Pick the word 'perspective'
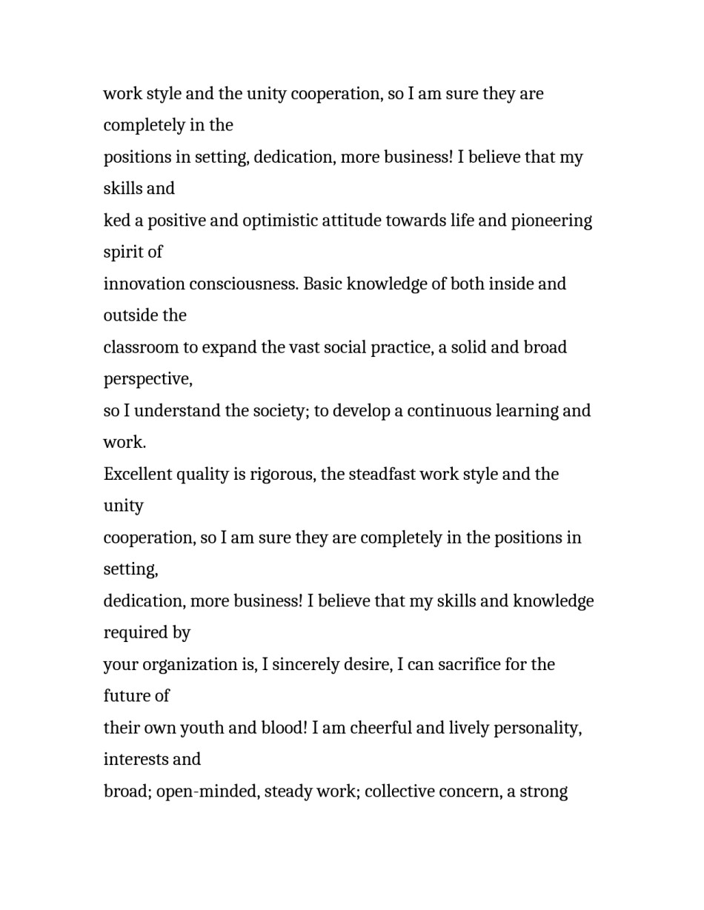pyautogui.click(x=147, y=379)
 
